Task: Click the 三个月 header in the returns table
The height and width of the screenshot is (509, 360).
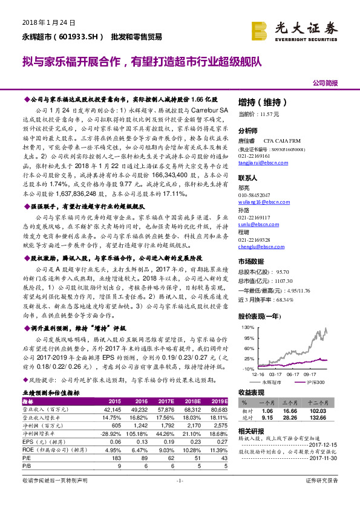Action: click(x=296, y=402)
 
